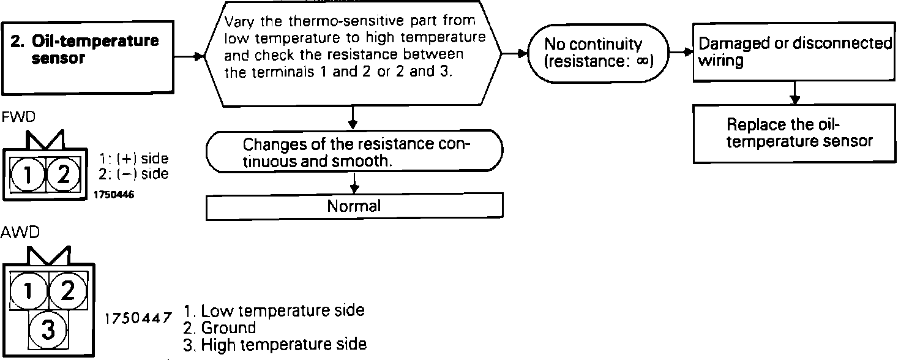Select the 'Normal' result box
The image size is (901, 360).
coord(354,207)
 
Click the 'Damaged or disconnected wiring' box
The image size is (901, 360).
coord(794,52)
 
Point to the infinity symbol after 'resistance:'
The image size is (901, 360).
coord(641,61)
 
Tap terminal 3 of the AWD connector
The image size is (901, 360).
coord(48,331)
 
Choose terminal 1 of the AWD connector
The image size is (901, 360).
coord(26,290)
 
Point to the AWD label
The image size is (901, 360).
coord(15,234)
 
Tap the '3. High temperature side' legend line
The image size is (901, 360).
coord(275,345)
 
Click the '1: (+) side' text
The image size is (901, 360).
coord(133,159)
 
